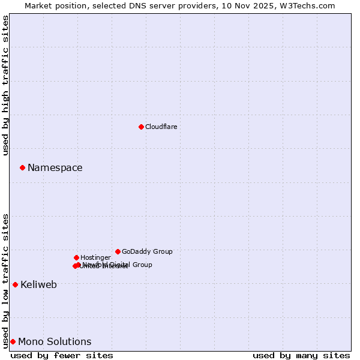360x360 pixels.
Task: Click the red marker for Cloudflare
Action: [x=141, y=127]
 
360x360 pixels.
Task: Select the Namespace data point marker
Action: [x=22, y=167]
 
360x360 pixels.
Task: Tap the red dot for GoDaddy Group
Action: [x=118, y=251]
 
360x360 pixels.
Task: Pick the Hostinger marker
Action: [x=76, y=257]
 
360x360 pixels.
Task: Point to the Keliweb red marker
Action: [x=15, y=284]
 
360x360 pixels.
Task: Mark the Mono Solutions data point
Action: [x=13, y=341]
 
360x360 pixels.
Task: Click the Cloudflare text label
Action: [x=161, y=127]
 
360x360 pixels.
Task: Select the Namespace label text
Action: [x=55, y=168]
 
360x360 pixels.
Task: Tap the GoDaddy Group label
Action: [x=147, y=251]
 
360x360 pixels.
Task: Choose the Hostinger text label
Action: [x=95, y=257]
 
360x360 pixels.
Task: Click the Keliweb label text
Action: [x=38, y=285]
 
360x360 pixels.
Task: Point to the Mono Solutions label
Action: [x=55, y=342]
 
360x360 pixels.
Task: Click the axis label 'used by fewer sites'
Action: [x=62, y=355]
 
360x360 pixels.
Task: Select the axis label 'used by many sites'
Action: [x=301, y=355]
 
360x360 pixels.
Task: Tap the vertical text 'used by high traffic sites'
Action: [x=5, y=85]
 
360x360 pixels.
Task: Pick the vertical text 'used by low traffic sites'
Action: [x=5, y=281]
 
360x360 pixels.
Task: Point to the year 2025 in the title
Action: [x=263, y=6]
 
